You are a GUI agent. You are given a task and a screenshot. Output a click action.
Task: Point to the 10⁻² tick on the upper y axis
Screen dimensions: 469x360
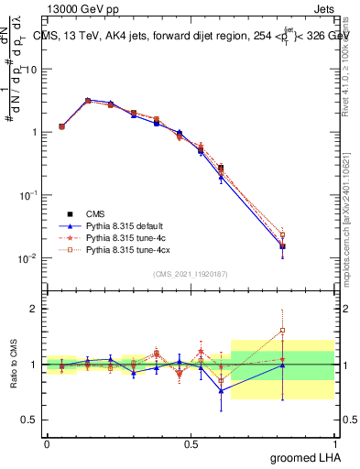[x=29, y=258]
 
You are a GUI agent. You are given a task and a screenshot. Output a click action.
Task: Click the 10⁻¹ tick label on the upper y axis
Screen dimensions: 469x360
[x=29, y=195]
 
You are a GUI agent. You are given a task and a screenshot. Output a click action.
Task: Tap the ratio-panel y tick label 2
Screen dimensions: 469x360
[x=35, y=309]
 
